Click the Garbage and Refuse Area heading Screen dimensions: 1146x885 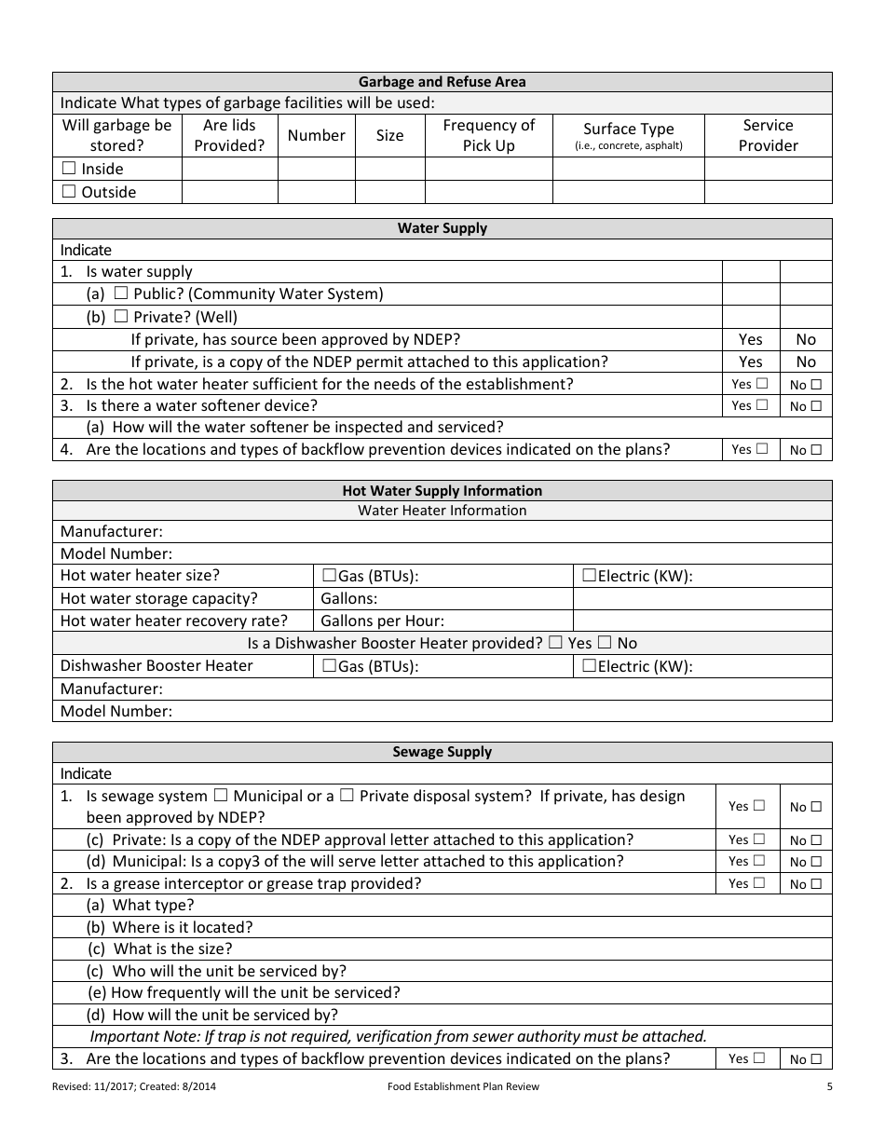(442, 82)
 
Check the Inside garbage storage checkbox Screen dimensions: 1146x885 (69, 169)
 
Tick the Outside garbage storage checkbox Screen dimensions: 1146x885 (69, 192)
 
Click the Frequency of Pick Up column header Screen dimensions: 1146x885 (488, 135)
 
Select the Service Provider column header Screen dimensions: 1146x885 (768, 135)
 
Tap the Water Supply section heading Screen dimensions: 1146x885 (442, 228)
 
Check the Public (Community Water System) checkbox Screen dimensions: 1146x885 (121, 293)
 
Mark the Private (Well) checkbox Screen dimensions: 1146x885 (121, 317)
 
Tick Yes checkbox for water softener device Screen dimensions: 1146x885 (762, 405)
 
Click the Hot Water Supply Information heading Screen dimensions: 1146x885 (442, 491)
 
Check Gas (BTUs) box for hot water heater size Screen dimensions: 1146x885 (329, 576)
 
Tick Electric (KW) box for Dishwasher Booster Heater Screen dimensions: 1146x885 (589, 665)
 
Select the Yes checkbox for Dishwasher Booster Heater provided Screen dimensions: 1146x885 (555, 642)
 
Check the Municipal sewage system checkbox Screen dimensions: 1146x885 (221, 796)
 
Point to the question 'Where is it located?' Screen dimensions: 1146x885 (182, 927)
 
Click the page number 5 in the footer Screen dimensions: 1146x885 (829, 1086)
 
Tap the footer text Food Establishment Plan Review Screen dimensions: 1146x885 (463, 1086)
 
